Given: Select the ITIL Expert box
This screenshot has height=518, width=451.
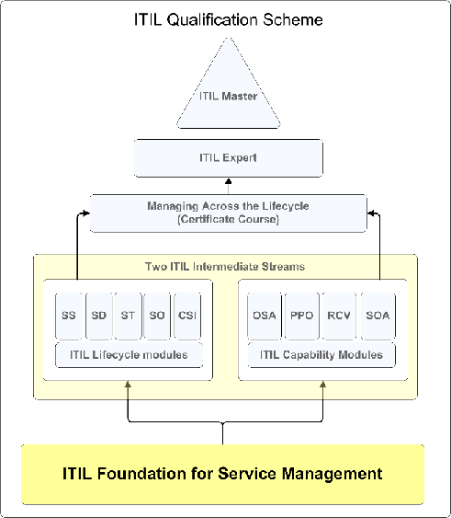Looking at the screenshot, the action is coord(229,158).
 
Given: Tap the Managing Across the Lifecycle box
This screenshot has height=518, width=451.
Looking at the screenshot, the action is coord(229,213).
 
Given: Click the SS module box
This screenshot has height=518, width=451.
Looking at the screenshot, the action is coord(69,316).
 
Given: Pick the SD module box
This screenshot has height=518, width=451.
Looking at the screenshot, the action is coord(99,316).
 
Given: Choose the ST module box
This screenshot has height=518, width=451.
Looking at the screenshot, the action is coord(128,316).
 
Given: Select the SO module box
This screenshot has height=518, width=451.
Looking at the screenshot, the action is coord(157,316).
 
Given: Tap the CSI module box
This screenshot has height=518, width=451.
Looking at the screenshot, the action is coord(187,316).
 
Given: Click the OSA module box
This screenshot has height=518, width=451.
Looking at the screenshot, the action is coord(265,316).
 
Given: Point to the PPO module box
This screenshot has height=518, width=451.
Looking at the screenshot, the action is coord(302,316).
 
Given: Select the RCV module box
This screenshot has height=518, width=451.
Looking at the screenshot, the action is coord(339,316).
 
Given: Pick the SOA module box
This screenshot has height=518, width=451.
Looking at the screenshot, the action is coord(378,316).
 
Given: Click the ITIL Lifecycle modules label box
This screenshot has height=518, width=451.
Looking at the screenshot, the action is coord(129,355).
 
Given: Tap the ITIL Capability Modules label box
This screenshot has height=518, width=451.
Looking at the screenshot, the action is coord(321,355).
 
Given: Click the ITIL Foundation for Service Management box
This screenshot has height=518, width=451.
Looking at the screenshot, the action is coord(222,475).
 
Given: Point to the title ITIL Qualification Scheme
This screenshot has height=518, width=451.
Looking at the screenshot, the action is coord(229,19).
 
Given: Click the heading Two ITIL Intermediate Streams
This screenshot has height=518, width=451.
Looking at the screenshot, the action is coord(225,266).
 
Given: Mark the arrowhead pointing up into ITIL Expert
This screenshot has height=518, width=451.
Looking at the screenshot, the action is coord(229,181).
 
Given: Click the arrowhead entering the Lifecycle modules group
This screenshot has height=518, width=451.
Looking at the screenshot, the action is coord(128,384).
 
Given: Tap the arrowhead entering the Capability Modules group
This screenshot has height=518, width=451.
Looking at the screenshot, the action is coord(323,384).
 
